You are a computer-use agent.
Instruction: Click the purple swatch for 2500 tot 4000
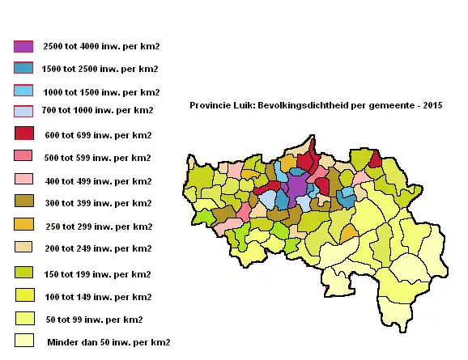23,46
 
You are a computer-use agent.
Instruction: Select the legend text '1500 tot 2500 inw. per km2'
100,69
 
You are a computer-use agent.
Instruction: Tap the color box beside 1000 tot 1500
23,91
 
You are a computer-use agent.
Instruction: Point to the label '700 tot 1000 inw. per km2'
97,109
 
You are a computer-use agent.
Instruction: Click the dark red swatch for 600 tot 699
23,133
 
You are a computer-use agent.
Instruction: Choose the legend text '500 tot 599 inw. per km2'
97,157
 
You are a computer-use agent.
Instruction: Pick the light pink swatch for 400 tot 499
23,179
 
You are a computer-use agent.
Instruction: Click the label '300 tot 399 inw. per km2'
97,203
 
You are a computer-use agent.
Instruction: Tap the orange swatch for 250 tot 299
23,224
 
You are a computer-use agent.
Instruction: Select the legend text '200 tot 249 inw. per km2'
97,248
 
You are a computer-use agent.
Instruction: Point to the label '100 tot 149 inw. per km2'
97,297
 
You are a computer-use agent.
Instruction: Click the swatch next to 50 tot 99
23,318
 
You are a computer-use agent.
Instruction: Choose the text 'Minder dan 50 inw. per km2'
108,342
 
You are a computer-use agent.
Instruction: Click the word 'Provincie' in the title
210,106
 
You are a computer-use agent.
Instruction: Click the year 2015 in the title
432,106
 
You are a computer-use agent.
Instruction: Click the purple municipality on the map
297,186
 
